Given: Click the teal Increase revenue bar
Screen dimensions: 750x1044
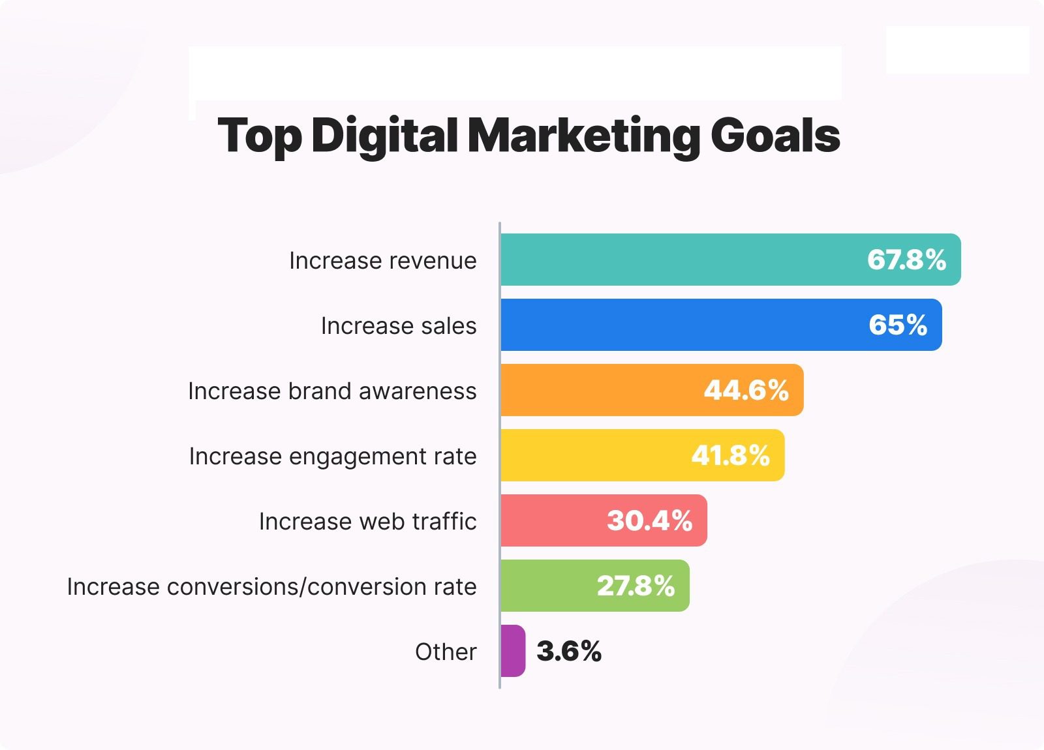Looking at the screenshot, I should pos(679,260).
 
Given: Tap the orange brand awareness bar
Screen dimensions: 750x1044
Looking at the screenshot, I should pos(600,390).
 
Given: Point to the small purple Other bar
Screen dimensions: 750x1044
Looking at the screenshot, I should pos(513,651).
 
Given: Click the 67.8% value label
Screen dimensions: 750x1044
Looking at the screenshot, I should pos(906,260).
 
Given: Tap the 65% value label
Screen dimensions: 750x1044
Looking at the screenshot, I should pos(898,325).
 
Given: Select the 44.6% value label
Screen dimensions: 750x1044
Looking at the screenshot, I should pos(746,390).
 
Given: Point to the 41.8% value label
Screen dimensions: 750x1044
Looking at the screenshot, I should pos(731,455).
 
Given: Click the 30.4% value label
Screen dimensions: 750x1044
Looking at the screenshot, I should pos(649,520).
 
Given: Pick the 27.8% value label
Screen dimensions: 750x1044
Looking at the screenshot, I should pos(636,586).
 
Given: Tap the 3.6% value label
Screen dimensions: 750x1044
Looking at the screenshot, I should pos(569,651).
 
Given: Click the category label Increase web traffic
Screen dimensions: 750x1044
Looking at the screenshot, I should pos(367,521).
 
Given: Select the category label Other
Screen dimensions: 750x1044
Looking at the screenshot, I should pos(446,652).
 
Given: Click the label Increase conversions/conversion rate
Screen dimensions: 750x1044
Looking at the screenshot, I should pos(271,586).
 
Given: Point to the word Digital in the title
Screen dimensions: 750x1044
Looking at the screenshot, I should pos(384,136).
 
